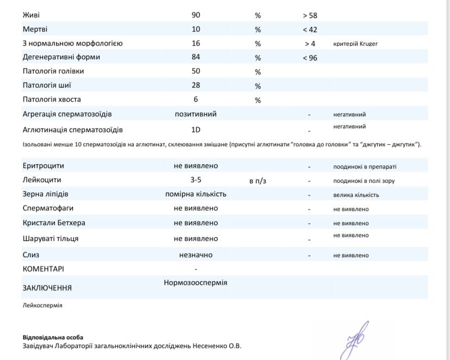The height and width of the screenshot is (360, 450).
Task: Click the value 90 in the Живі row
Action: coord(196,15)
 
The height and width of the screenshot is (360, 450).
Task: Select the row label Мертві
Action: coord(35,29)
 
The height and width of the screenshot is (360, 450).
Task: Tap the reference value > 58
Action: coord(310,15)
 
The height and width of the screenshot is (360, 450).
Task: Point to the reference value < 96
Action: coord(310,58)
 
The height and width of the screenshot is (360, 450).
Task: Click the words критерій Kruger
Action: coord(355,44)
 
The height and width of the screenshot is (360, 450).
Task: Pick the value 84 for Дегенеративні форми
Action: coord(196,57)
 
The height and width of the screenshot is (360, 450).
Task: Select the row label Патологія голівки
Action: coord(53,71)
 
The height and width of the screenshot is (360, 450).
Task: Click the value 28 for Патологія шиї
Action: coord(196,85)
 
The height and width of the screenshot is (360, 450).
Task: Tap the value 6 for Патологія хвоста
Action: coord(196,100)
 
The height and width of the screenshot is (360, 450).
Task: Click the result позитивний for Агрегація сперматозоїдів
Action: coord(196,114)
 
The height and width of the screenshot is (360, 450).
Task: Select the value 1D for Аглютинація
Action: coord(196,130)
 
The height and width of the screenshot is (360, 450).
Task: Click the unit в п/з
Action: coord(258,181)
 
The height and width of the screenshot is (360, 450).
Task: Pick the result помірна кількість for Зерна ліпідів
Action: coord(196,194)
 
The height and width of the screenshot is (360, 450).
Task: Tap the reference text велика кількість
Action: coord(356,195)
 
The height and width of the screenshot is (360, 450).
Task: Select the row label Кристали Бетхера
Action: coord(54,223)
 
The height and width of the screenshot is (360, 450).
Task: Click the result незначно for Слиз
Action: coord(196,255)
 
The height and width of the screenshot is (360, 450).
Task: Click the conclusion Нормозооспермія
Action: coord(196,283)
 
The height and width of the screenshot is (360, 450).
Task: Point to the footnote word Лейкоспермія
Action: coord(42,306)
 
